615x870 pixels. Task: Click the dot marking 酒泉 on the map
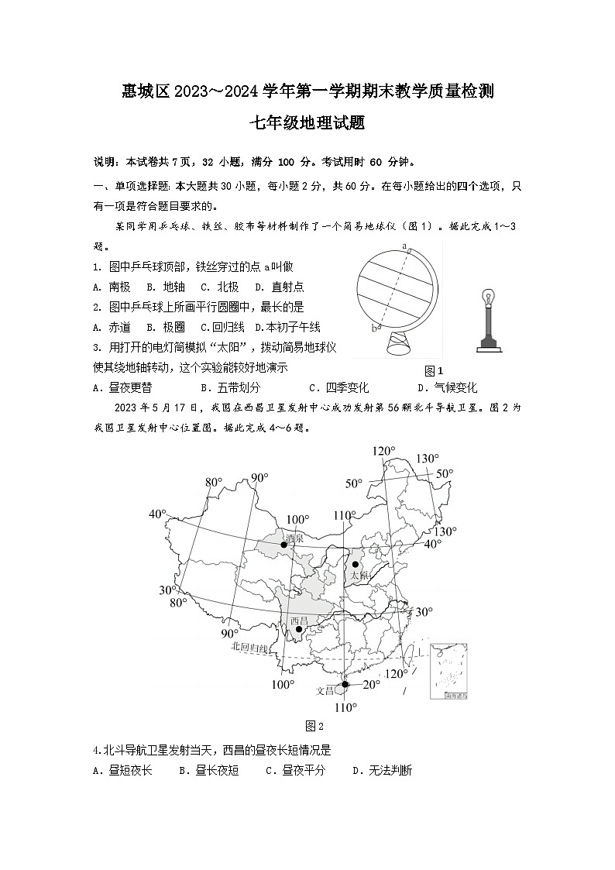284,545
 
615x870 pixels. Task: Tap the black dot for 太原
356,565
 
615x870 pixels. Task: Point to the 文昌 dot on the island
345,684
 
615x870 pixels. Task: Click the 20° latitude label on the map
371,684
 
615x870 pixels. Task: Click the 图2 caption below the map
314,726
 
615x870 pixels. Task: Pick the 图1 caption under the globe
435,370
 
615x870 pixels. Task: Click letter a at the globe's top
404,246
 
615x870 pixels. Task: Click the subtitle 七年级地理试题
307,122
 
